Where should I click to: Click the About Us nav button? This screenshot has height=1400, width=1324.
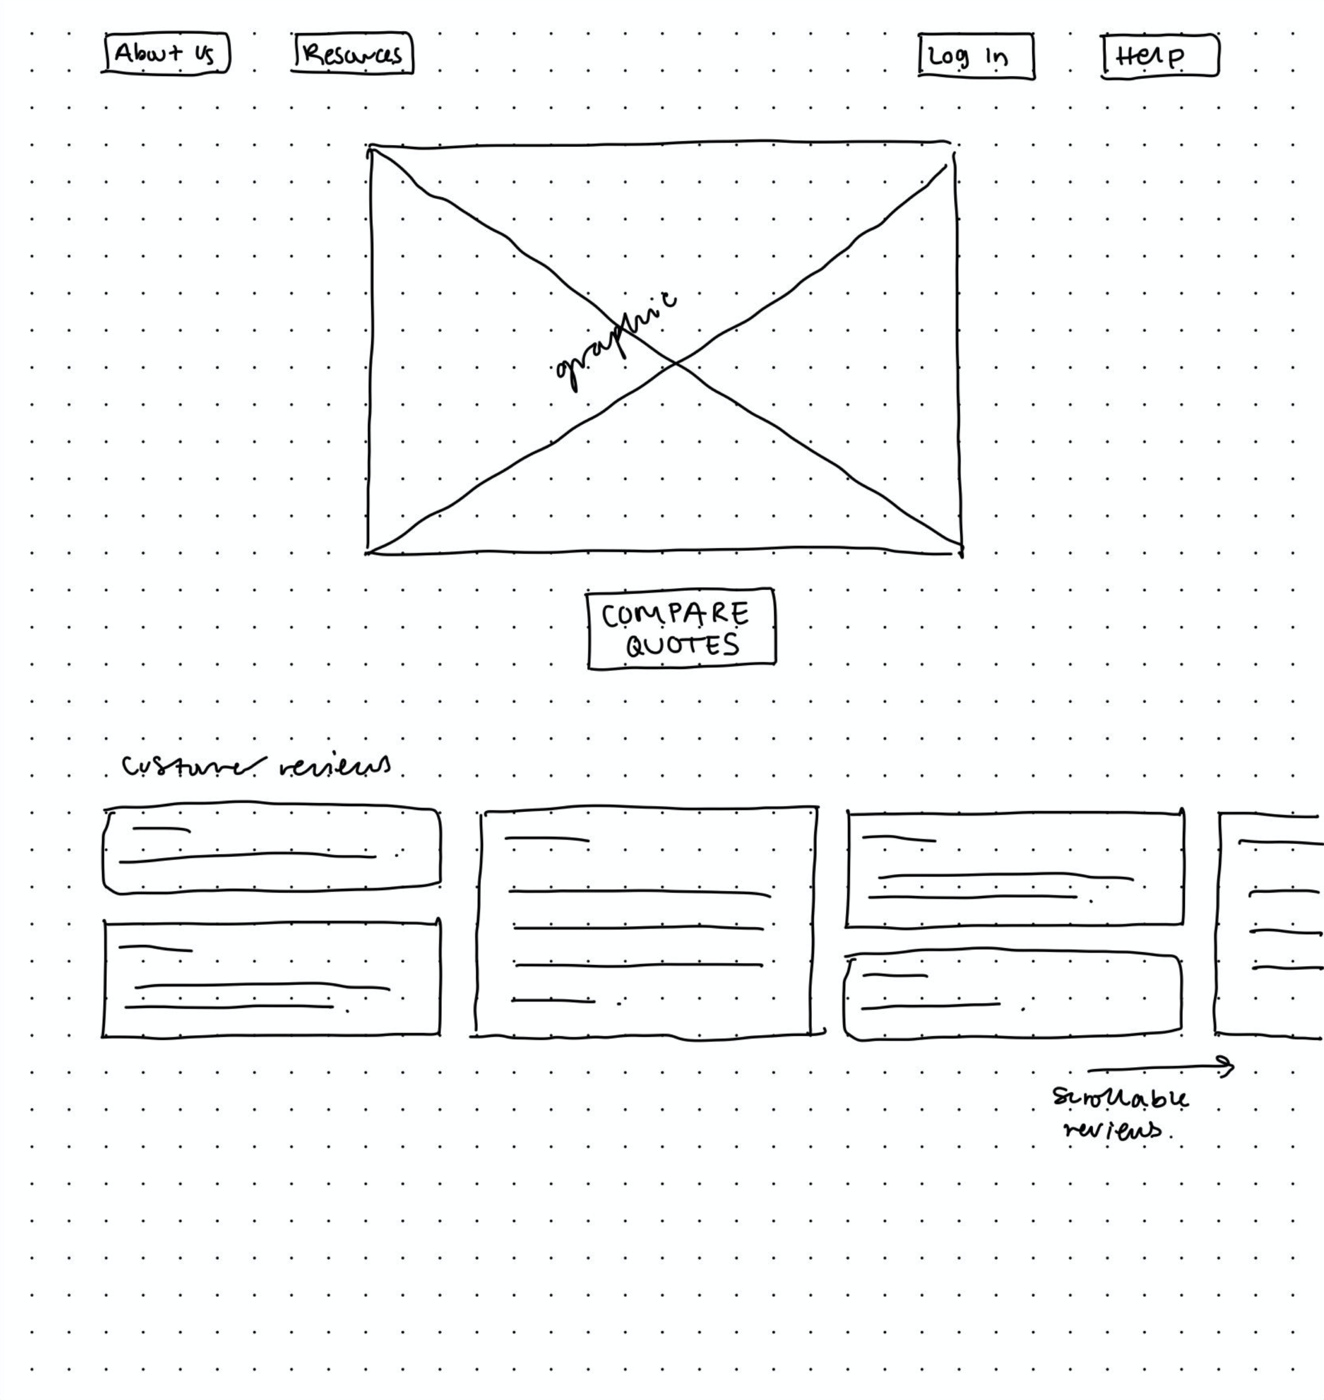coord(166,53)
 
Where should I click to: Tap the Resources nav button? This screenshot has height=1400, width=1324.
coord(353,53)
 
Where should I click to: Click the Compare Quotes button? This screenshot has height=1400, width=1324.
coord(682,629)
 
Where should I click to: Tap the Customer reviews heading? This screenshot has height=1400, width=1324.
coord(256,766)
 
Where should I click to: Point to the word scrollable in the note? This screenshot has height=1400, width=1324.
coord(1120,1099)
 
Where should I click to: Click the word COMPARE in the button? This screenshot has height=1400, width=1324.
coord(675,615)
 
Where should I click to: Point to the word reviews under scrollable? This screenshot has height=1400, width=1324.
coord(1113,1130)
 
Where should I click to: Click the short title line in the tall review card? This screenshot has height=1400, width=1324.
coord(547,840)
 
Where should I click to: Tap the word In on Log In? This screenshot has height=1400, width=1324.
coord(997,57)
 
